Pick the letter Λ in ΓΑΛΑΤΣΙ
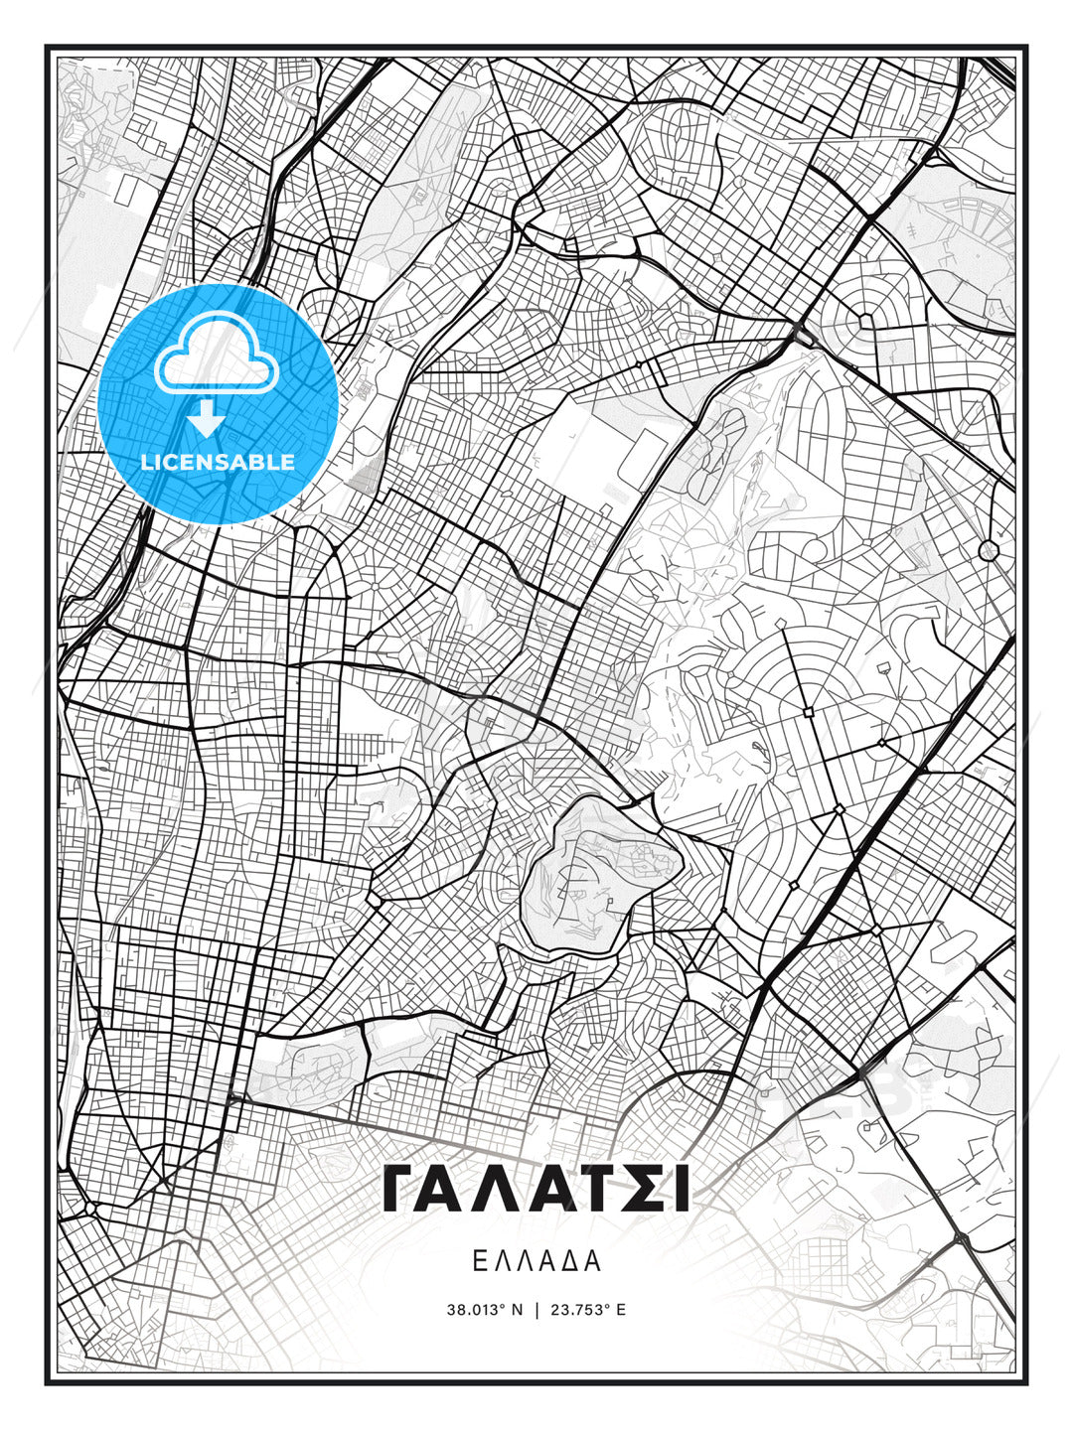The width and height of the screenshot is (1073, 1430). click(491, 1189)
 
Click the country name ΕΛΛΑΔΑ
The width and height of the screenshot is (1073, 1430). click(536, 1261)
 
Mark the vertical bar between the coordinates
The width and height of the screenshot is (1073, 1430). click(537, 1309)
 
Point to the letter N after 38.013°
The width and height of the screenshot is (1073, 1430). click(517, 1309)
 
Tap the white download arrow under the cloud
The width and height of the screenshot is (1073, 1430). click(207, 417)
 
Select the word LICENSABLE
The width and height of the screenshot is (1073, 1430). click(218, 462)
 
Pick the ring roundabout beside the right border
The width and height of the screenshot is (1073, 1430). click(988, 550)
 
